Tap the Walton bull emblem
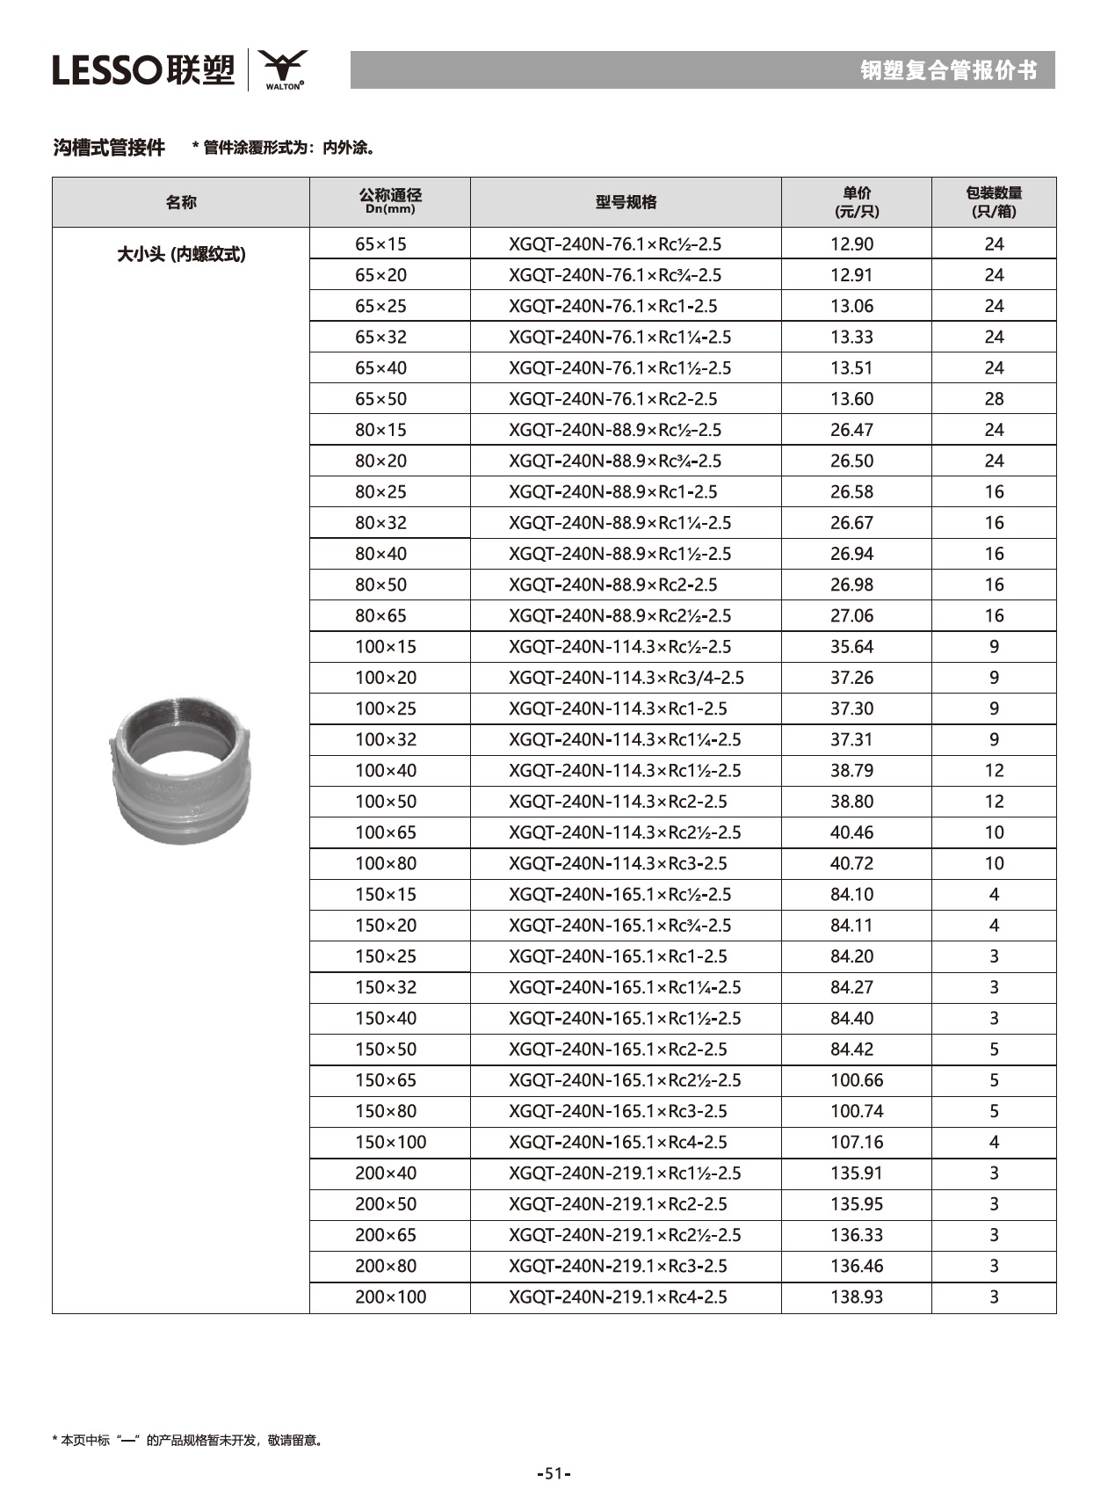[x=283, y=68]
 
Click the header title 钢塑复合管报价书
[x=948, y=70]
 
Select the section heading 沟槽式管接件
[x=109, y=148]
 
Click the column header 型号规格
[x=626, y=202]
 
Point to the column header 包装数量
[x=994, y=202]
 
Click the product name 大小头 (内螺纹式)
[x=181, y=254]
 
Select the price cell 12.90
[x=851, y=243]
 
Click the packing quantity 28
[x=994, y=398]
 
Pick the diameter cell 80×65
[x=380, y=615]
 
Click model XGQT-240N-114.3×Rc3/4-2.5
[x=626, y=677]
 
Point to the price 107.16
[x=856, y=1142]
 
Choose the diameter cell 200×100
[x=390, y=1297]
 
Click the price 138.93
[x=856, y=1297]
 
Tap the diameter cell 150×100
[x=390, y=1142]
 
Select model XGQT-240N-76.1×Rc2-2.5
[x=612, y=398]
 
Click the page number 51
[x=554, y=1473]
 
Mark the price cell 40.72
[x=851, y=863]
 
